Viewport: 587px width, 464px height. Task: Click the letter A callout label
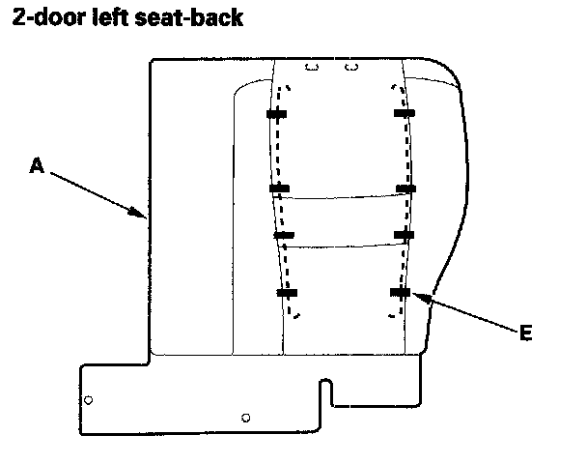click(x=37, y=166)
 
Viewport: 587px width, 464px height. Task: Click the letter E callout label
click(x=525, y=333)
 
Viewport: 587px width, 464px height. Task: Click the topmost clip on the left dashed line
click(x=276, y=114)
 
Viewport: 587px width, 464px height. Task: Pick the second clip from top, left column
click(x=279, y=188)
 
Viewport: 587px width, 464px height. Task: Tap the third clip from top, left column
click(x=284, y=235)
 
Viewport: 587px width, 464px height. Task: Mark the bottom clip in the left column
click(x=287, y=292)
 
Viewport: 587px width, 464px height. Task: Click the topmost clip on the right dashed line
click(x=405, y=114)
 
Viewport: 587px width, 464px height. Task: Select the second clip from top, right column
click(x=405, y=188)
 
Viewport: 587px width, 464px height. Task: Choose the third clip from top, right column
click(x=404, y=235)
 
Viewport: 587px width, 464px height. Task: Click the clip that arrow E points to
click(x=400, y=292)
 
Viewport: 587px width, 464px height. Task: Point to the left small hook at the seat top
click(x=311, y=68)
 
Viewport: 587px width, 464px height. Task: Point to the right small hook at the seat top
click(x=351, y=68)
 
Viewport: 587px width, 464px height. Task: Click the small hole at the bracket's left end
click(x=88, y=398)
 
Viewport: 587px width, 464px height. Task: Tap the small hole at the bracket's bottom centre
click(x=246, y=418)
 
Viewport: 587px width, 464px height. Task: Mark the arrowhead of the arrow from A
click(x=145, y=216)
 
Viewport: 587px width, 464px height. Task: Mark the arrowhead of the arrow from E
click(x=418, y=297)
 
